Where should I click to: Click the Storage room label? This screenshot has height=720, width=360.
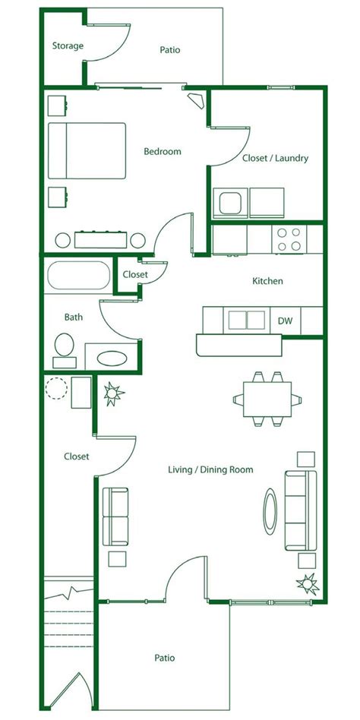click(68, 46)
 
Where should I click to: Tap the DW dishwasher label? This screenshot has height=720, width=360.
click(285, 321)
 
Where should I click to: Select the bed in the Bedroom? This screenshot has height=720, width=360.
click(87, 150)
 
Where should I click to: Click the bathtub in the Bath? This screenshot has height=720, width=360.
click(78, 276)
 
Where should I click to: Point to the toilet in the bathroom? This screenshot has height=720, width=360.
click(63, 349)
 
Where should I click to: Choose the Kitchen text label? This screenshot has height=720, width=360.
click(267, 281)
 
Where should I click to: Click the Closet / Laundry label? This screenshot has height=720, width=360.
click(274, 159)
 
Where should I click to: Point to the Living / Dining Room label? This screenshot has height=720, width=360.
click(210, 470)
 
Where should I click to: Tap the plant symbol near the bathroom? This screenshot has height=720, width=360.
click(113, 393)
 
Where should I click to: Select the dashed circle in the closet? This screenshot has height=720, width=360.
click(55, 388)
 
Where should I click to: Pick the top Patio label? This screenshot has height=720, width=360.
click(170, 50)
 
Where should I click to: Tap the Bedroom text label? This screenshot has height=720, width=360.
click(163, 151)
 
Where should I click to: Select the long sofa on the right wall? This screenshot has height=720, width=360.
click(299, 510)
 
